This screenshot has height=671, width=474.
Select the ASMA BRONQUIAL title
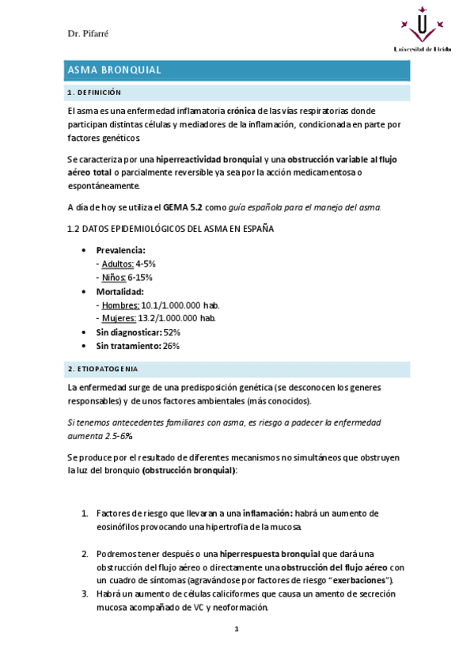115,70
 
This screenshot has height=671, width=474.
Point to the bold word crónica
241,111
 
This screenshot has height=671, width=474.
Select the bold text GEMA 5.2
183,207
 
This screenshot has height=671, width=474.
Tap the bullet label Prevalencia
120,250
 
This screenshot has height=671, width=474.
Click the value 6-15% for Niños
139,278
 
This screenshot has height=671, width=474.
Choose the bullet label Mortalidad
119,291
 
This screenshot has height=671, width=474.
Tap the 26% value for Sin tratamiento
170,346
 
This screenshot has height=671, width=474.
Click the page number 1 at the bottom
236,629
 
